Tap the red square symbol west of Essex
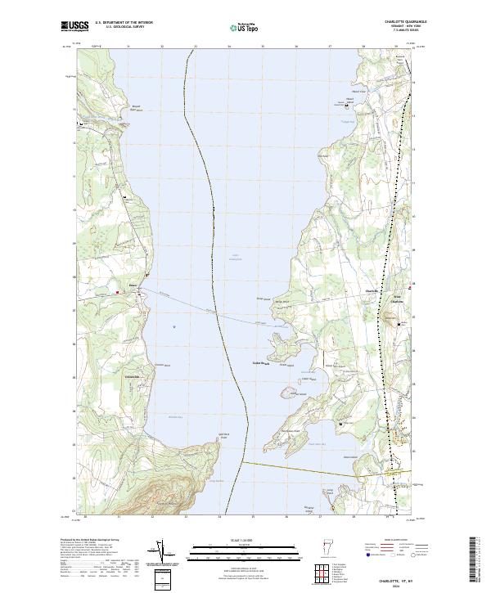pyautogui.click(x=117, y=290)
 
